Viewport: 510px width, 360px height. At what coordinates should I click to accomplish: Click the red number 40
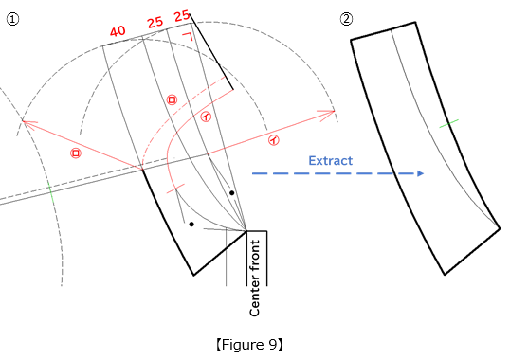pos(118,31)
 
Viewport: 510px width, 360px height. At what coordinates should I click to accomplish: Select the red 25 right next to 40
pos(155,22)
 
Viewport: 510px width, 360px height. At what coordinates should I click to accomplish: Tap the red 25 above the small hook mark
pos(182,16)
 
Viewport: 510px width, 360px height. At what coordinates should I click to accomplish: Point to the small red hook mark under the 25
pos(189,36)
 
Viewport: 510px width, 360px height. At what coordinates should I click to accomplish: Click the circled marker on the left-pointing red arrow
pos(76,153)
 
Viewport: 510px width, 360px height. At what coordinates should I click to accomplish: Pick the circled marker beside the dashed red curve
pos(172,99)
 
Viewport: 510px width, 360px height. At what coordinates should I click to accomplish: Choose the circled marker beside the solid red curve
pos(206,117)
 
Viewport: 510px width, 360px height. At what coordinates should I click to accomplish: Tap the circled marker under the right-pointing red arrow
pos(274,140)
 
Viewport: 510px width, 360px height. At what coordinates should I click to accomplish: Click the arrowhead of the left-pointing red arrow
pos(27,123)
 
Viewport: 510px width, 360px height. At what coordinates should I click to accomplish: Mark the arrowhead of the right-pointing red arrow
pos(330,113)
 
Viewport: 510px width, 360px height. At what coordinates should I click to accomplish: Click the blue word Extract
pos(330,161)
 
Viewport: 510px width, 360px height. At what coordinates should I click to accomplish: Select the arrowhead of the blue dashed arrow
pos(421,173)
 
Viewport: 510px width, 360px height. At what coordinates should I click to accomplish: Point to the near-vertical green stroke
pos(51,192)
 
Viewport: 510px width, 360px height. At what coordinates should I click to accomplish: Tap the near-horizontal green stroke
pos(448,123)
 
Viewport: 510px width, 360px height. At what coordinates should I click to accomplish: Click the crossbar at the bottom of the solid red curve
pos(175,190)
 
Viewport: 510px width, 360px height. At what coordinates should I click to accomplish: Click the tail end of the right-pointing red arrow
pos(209,153)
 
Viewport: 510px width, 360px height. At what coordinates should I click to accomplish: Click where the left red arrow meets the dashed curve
pos(141,168)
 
